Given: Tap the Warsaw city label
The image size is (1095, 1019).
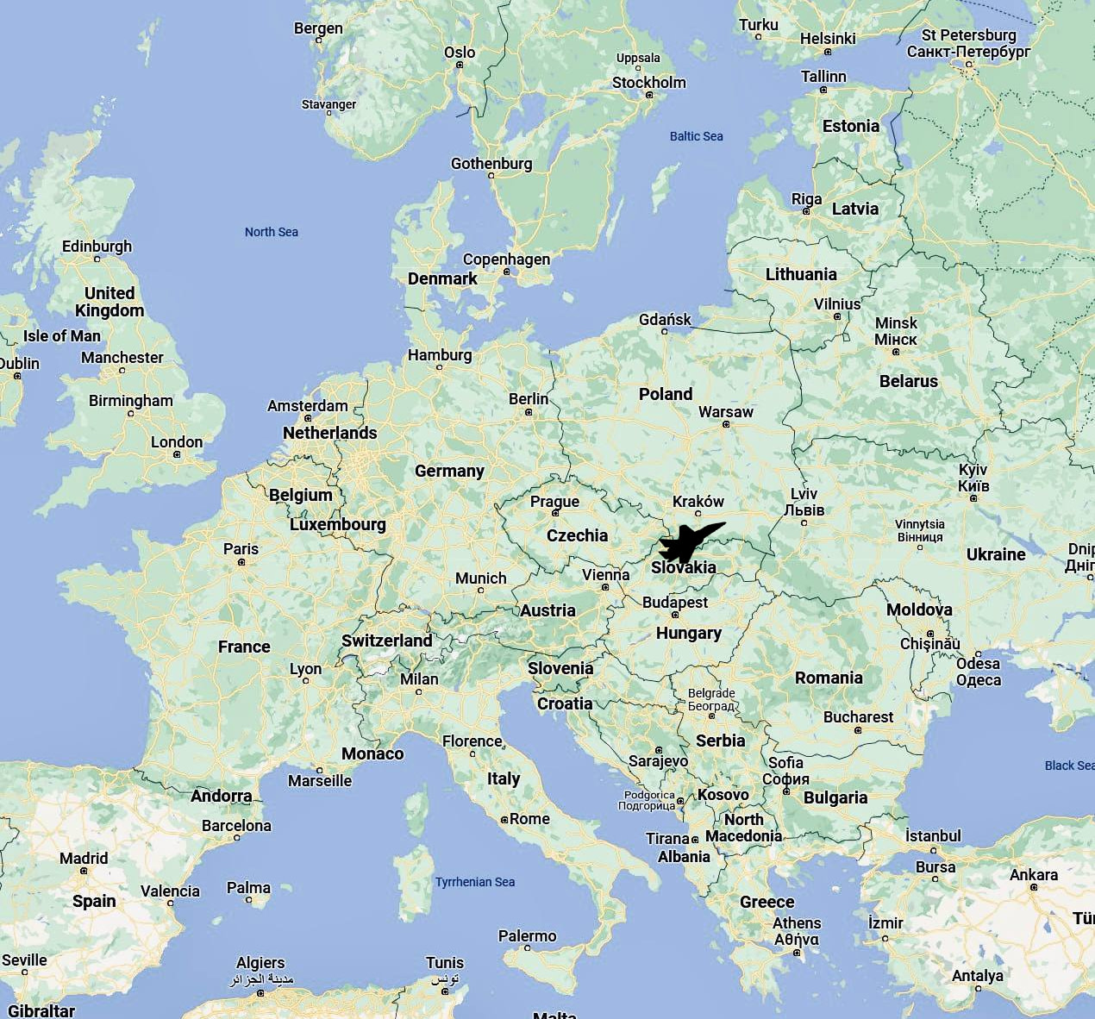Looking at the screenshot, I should pos(725,412).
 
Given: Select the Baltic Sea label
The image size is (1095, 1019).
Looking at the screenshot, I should pos(696,136).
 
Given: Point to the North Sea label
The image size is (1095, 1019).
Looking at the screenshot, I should pos(271,232).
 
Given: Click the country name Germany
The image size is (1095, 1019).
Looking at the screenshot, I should pos(449,471).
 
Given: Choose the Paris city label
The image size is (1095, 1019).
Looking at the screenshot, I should pos(241,549).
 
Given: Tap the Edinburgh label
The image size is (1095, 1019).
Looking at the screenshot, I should pos(97,247).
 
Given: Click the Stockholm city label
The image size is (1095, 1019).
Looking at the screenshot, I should pos(648,83).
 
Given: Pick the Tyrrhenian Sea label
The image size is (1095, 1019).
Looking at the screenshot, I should pos(474,882).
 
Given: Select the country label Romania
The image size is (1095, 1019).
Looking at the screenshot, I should pos(828,678).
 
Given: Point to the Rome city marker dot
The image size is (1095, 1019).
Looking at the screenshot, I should pos(504,820).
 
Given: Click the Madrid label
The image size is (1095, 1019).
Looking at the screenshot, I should pos(84,859).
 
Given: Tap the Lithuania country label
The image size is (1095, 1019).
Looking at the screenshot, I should pos(801,274).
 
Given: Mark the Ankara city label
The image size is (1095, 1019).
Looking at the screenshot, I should pos(1033,875).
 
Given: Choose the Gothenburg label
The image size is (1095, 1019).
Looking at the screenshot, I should pos(491,164).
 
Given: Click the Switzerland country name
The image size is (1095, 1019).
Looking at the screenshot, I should pos(386,641).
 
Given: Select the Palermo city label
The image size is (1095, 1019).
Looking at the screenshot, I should pos(527,936).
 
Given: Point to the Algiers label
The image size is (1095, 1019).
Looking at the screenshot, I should pos(260,963).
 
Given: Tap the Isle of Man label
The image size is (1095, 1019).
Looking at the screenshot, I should pos(62,336).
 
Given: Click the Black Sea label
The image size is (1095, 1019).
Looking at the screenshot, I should pos(1069,766).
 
